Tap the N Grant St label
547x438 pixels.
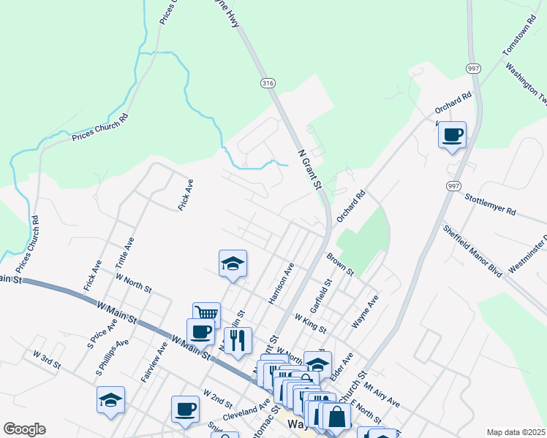310,168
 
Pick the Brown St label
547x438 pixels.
340,264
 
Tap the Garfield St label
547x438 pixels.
322,293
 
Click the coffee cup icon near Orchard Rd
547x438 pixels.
452,134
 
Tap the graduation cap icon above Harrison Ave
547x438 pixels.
233,264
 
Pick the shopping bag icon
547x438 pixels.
336,418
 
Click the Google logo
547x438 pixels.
24,429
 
